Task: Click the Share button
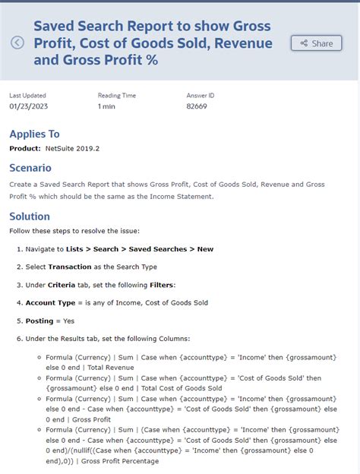[316, 43]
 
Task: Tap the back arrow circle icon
[17, 43]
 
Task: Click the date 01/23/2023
[28, 106]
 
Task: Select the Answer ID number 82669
[196, 106]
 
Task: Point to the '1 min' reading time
[106, 106]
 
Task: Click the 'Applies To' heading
[34, 134]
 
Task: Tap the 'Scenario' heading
[30, 168]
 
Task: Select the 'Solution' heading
[30, 216]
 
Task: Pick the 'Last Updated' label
[27, 95]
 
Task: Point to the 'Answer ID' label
[201, 95]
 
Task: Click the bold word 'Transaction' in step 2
[69, 267]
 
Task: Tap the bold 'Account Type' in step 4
[51, 302]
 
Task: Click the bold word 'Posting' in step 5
[39, 321]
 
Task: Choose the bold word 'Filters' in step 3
[162, 285]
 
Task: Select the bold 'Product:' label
[25, 148]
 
